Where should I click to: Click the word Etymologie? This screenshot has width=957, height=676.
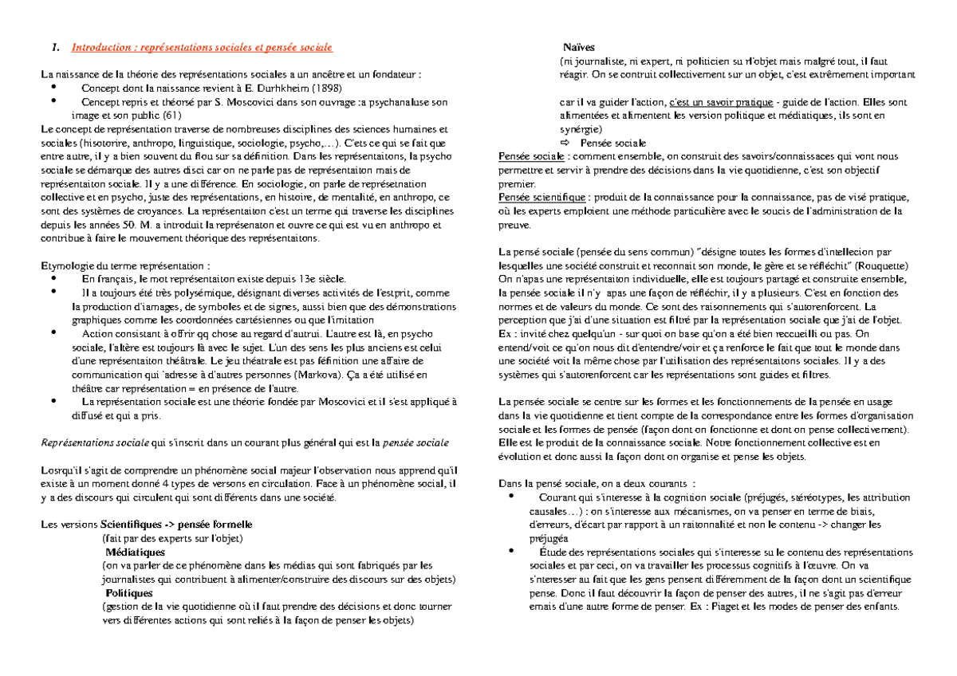click(x=68, y=265)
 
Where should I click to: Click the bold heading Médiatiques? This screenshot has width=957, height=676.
click(x=135, y=552)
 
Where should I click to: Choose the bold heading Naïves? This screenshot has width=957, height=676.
click(x=578, y=48)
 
